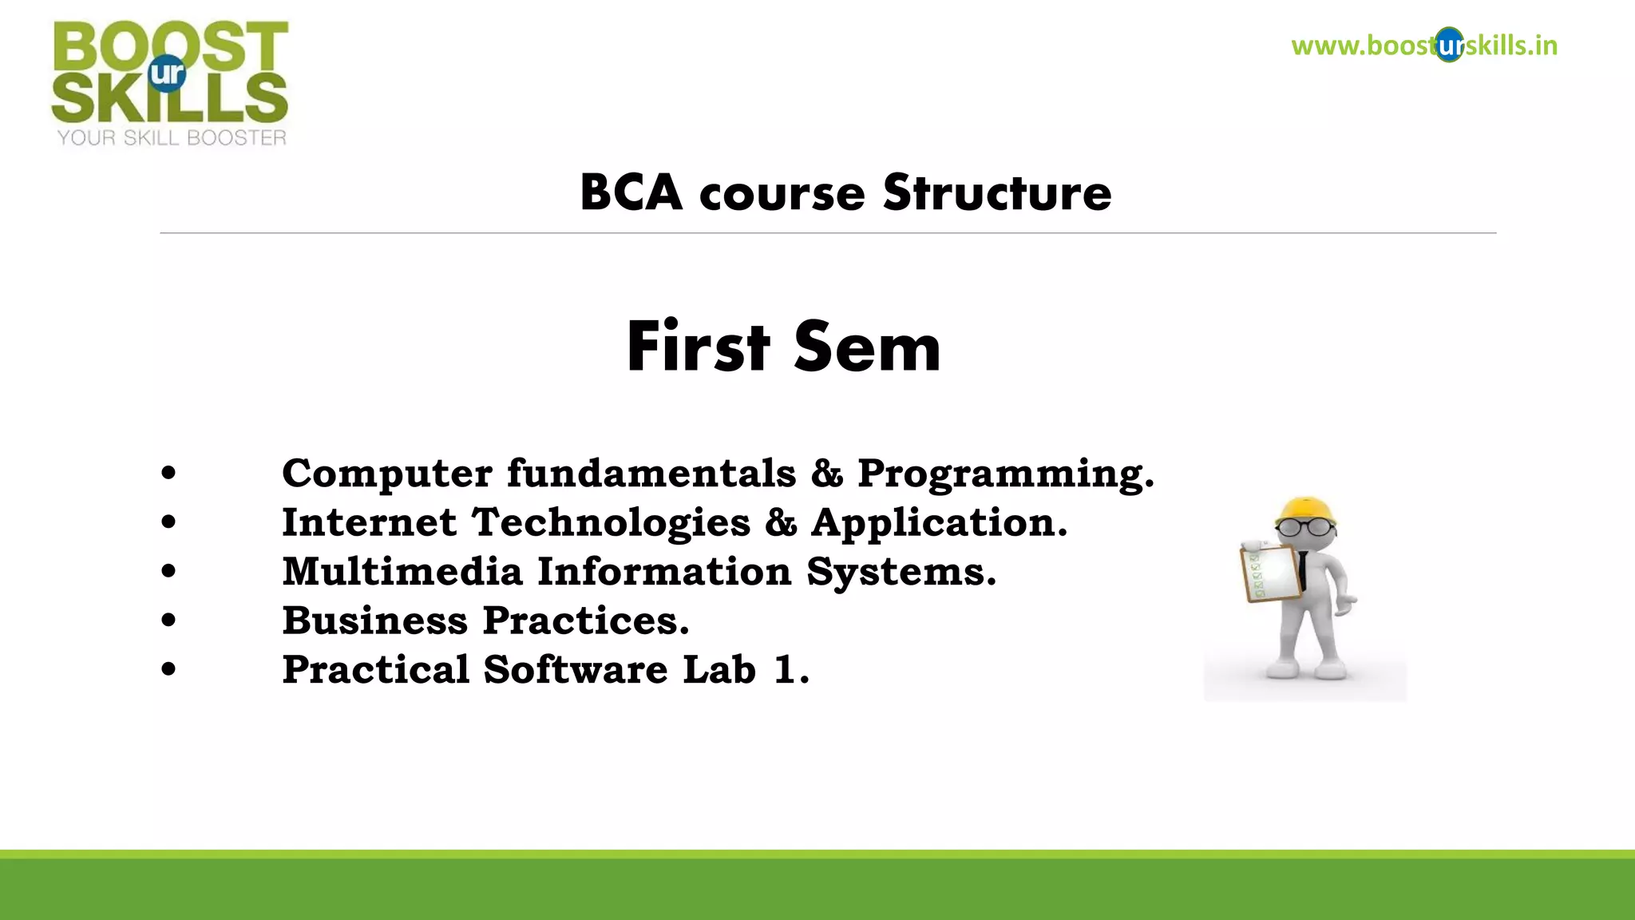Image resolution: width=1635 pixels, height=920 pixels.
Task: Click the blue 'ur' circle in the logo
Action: [168, 73]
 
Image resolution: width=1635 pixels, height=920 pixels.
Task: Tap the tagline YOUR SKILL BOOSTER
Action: [172, 138]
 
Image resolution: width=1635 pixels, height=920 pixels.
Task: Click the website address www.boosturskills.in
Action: [1423, 46]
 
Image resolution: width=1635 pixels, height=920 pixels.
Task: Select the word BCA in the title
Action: [631, 193]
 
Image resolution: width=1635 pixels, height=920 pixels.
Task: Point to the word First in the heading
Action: [698, 347]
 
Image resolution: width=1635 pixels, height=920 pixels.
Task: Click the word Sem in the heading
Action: [867, 348]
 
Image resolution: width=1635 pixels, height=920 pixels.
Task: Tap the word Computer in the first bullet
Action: [386, 474]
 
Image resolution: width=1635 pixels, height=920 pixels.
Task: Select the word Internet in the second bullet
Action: [369, 523]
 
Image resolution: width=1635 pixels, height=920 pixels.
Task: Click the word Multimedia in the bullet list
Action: [402, 572]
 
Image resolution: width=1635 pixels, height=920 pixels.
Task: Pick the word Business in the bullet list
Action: [374, 621]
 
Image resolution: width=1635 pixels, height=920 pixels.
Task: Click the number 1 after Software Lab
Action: [786, 670]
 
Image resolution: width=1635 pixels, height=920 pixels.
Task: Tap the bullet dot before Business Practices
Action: [168, 620]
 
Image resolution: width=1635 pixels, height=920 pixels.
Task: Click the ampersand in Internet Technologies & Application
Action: [780, 523]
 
